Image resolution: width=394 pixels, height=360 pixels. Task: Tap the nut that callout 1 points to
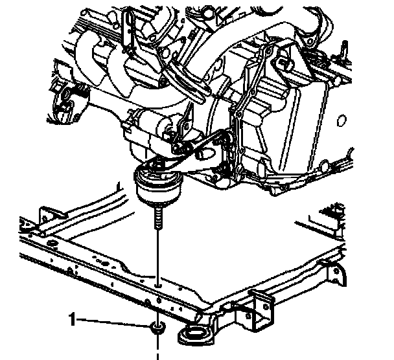pos(156,328)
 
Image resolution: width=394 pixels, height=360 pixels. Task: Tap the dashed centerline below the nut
pos(156,348)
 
